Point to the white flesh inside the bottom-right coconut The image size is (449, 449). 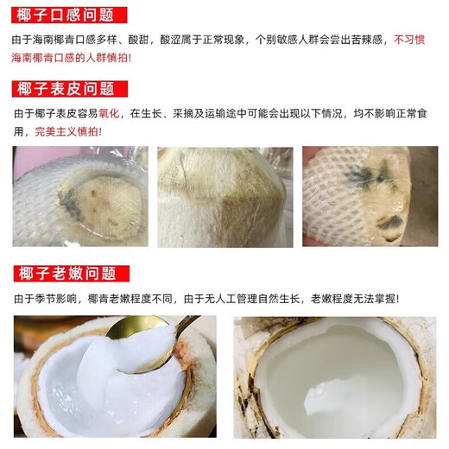[x=332, y=380]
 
